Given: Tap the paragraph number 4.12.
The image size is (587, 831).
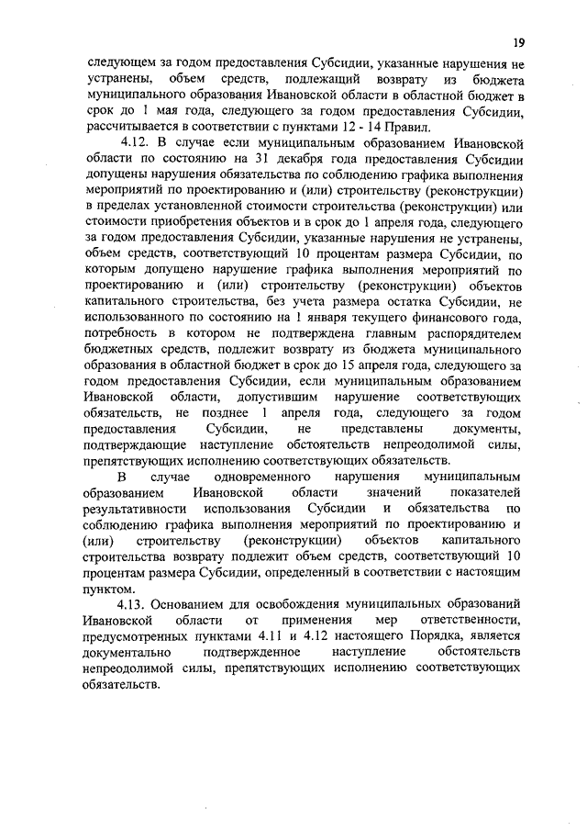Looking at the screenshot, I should pyautogui.click(x=136, y=143).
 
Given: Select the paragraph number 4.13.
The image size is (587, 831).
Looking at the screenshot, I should pyautogui.click(x=136, y=605).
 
